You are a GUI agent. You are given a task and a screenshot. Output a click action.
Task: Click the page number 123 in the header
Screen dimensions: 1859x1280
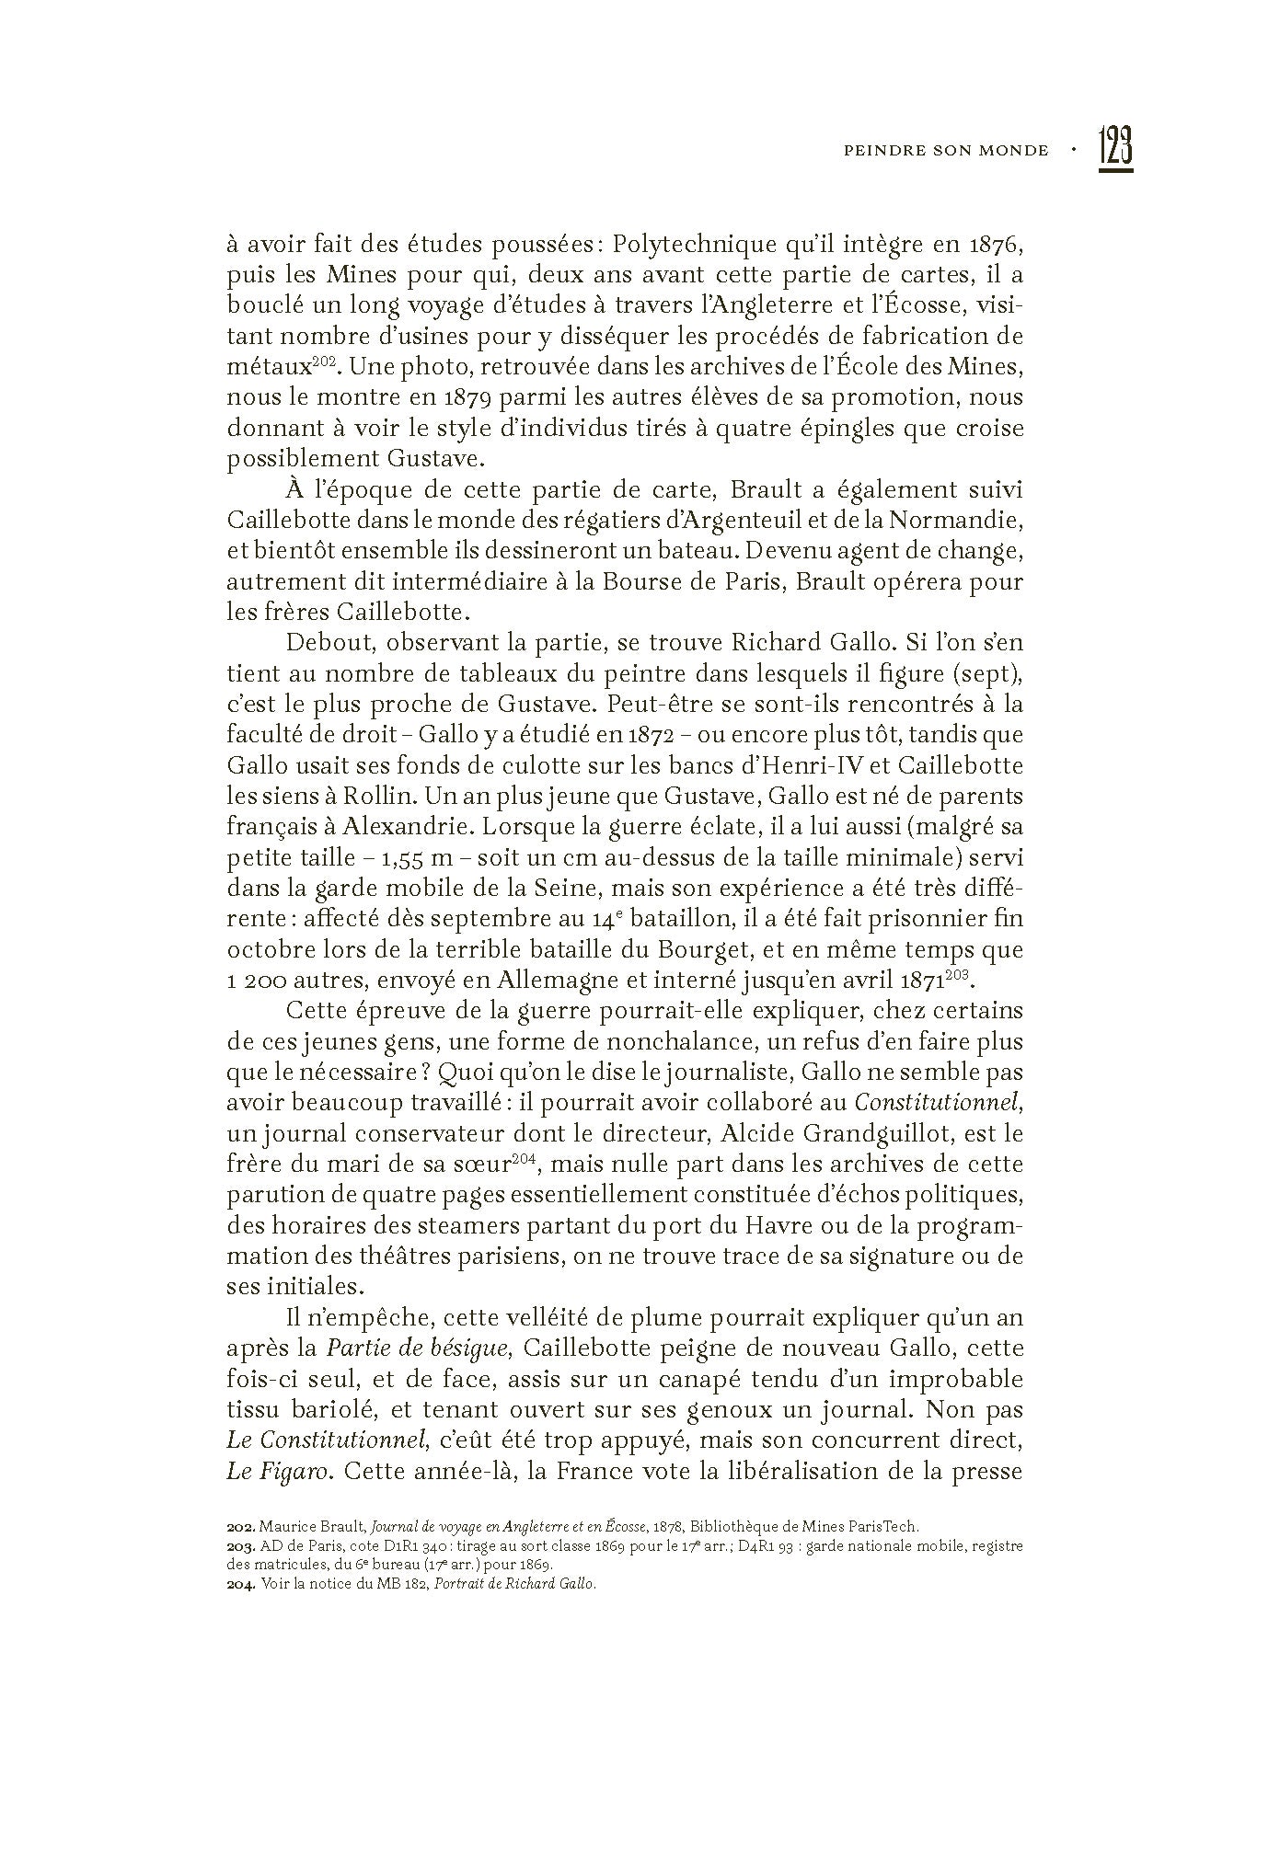click(1114, 149)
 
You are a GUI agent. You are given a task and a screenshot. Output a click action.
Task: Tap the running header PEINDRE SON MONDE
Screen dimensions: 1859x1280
click(945, 151)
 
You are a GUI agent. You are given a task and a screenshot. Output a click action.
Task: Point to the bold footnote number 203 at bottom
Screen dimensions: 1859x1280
click(240, 1545)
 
